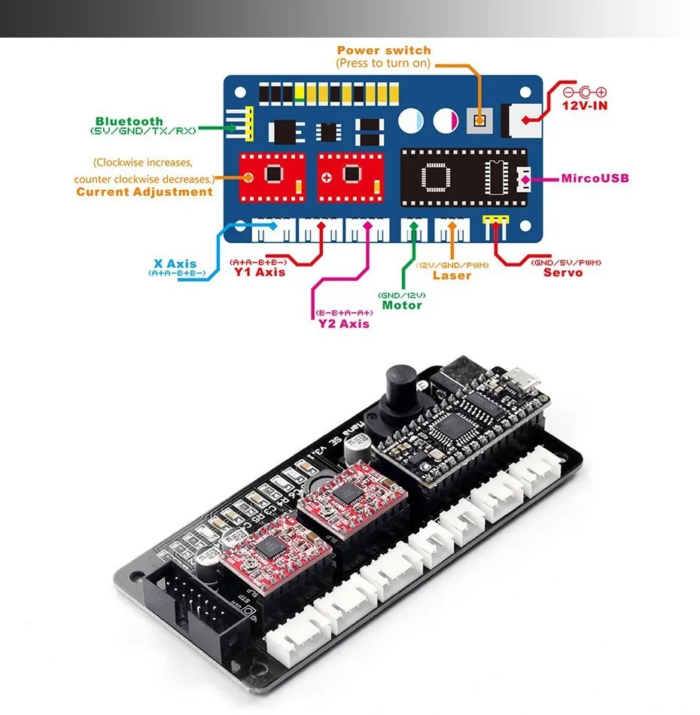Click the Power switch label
pos(384,50)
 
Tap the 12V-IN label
pos(585,106)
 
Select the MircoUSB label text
pos(595,179)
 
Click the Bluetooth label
pos(129,121)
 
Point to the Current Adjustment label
pos(145,192)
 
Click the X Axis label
pos(175,264)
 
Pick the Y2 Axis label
pos(344,324)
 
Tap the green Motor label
pos(402,306)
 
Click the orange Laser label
pos(452,275)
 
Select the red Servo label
pos(563,272)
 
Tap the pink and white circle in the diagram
pos(443,120)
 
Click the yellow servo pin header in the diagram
pos(495,220)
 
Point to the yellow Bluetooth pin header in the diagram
pos(247,122)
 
